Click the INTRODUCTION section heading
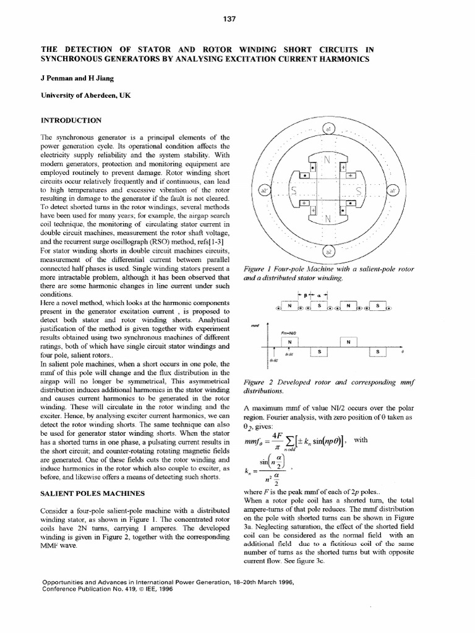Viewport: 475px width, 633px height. (x=71, y=119)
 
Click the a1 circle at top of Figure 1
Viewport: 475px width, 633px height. (x=328, y=129)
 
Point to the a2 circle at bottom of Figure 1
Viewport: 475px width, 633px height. (x=328, y=251)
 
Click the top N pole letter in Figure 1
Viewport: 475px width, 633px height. (x=328, y=160)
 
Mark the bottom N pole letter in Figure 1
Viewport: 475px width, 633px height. (x=328, y=219)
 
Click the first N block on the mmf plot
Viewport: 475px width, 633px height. (x=287, y=341)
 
